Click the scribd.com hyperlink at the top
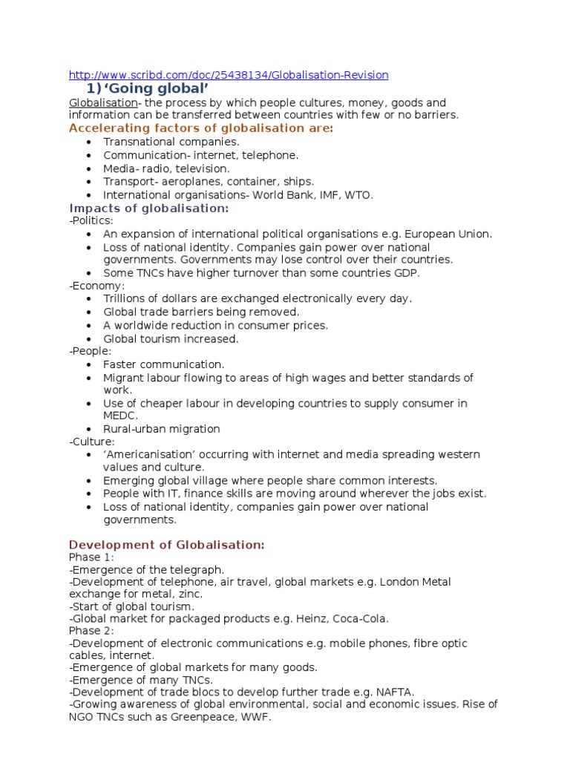coord(229,75)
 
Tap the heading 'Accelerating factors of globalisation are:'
coord(201,128)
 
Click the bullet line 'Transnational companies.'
coord(171,142)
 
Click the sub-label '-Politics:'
coord(91,221)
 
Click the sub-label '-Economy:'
coord(97,286)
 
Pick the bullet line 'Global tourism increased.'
coord(171,339)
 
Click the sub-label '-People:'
coord(90,352)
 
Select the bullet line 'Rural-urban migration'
coord(162,429)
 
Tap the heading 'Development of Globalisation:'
coord(167,546)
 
